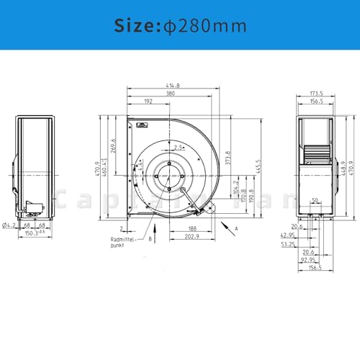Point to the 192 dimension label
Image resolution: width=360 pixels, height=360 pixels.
147,102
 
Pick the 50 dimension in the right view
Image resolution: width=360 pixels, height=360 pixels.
315,199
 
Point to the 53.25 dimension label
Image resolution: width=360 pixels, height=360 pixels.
287,244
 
